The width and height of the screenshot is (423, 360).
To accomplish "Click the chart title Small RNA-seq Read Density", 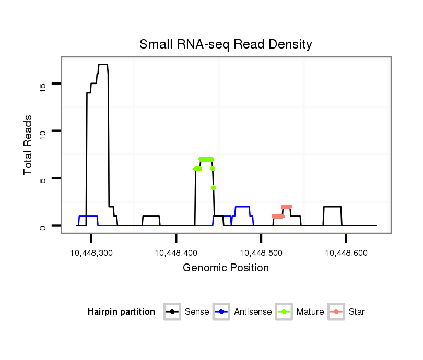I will point(226,44).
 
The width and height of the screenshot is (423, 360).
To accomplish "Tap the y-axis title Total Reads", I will point(29,145).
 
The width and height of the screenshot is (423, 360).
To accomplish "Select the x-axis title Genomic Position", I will point(226,268).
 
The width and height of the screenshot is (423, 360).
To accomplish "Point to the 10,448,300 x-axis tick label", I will point(91,253).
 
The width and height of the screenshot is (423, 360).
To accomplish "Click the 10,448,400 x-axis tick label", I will point(177,253).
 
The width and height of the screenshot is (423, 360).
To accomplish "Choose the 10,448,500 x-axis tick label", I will point(261,253).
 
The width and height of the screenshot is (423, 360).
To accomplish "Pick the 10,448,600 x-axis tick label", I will point(346,253).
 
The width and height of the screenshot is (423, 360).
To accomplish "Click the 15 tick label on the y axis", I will point(43,83).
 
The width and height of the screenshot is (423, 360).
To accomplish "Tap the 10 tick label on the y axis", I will point(43,131).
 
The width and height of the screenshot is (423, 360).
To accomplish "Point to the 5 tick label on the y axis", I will point(43,178).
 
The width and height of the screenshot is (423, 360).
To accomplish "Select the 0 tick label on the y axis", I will point(43,226).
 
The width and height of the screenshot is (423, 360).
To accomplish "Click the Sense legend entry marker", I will point(172,312).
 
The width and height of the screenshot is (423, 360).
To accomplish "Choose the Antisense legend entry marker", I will point(221,312).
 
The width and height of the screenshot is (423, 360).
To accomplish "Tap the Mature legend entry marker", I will point(284,312).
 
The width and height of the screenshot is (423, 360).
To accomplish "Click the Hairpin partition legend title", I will point(121,312).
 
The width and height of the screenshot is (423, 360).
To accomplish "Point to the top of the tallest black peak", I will point(103,64).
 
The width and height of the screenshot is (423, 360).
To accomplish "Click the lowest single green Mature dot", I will point(214,187).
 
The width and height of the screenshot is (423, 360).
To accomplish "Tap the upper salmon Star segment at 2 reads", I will point(286,207).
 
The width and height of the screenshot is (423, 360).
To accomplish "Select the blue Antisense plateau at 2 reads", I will point(242,207).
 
